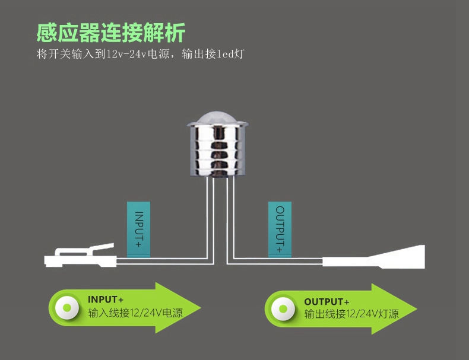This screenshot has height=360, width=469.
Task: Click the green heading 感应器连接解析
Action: [x=111, y=32]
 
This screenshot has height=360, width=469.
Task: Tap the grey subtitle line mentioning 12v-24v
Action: [x=141, y=54]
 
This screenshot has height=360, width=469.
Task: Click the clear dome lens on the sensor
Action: [x=218, y=118]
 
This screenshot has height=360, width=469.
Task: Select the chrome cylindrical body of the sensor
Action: [x=218, y=149]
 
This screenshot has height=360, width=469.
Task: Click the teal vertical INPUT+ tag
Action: [x=138, y=230]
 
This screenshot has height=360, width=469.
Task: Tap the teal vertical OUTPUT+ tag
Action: [x=280, y=230]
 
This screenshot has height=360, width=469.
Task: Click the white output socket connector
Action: [x=373, y=257]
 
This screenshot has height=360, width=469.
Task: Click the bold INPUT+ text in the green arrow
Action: [x=106, y=300]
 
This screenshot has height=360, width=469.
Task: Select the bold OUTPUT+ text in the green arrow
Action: [x=327, y=302]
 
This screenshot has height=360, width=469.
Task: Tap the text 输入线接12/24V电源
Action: [x=135, y=313]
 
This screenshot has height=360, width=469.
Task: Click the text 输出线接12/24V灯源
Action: [x=351, y=314]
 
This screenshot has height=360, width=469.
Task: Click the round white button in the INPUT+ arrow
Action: [x=67, y=308]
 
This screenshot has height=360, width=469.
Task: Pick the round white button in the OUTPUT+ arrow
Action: [x=283, y=309]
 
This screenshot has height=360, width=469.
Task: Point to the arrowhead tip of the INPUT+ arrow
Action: [x=201, y=308]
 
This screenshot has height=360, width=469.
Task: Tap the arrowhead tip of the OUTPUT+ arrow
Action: [x=417, y=309]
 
